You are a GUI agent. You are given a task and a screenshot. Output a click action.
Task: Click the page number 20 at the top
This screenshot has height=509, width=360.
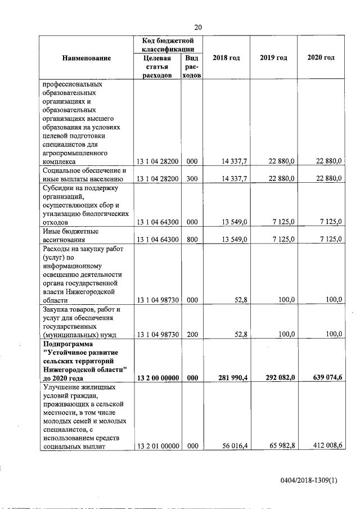(x=198, y=27)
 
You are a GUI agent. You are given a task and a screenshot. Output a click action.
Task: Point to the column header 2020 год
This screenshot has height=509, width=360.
(x=321, y=58)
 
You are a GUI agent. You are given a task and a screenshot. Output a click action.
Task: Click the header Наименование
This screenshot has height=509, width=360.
(x=87, y=58)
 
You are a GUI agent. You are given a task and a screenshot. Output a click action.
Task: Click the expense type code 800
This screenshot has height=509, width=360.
(x=192, y=239)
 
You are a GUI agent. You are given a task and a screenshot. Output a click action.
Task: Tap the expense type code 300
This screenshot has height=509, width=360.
(x=192, y=179)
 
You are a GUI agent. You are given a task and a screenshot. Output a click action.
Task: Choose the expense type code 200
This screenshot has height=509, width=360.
(x=192, y=335)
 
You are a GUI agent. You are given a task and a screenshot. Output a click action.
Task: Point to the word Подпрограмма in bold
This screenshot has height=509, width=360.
(x=66, y=343)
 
